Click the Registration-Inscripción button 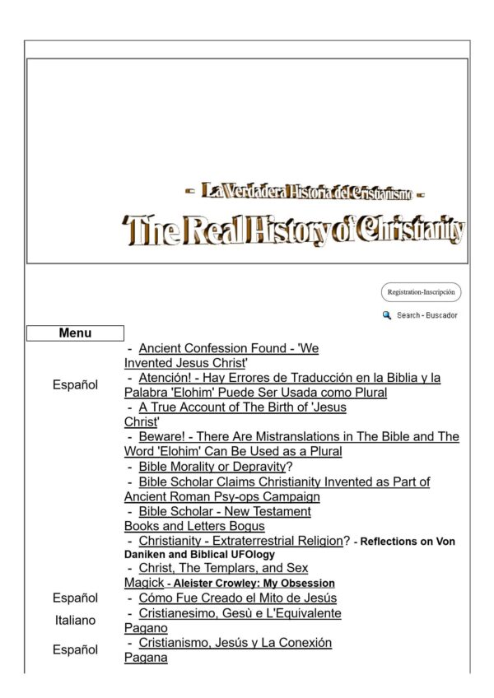coord(421,292)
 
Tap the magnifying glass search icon coord(386,315)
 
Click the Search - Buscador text coord(426,316)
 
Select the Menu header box coord(75,333)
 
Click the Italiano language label coord(75,620)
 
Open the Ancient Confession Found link coord(228,348)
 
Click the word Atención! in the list coord(165,378)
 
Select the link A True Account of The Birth coord(242,407)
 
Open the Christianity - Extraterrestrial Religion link coord(240,541)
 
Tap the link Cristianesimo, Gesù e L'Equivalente coord(240,613)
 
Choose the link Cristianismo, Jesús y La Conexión coord(235,642)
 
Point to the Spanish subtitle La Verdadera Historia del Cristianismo coord(305,193)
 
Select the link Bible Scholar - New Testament coord(224,511)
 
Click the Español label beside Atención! coord(75,385)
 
